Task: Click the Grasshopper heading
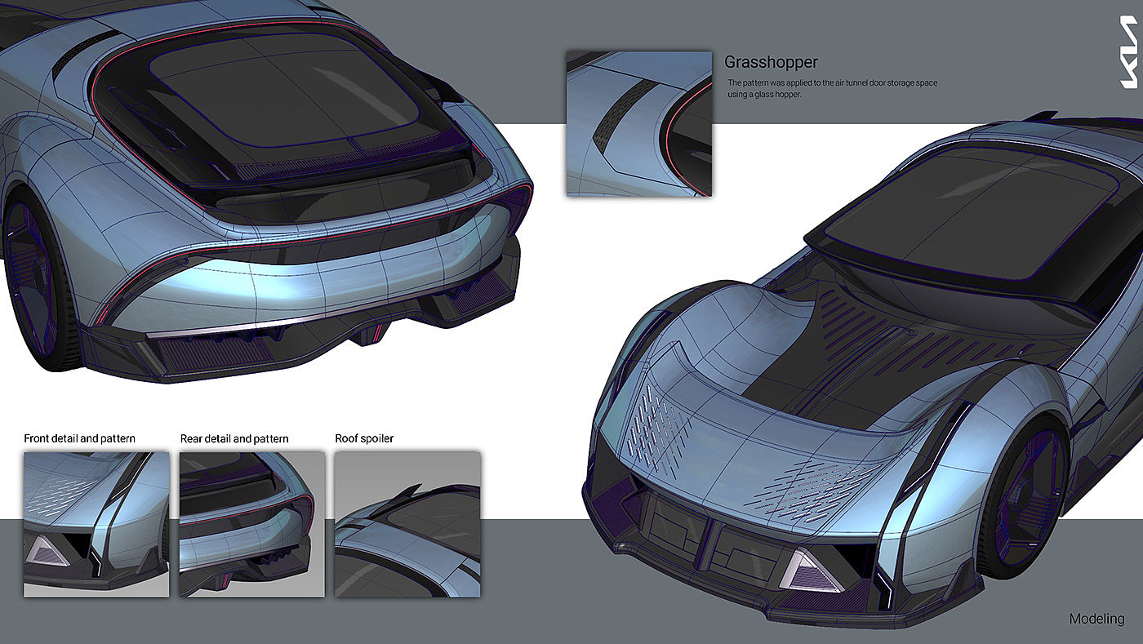771,62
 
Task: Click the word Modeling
1096,619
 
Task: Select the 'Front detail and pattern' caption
79,438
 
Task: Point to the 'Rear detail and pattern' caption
234,438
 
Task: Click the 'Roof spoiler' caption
364,438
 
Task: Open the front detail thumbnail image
96,523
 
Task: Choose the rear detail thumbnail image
251,523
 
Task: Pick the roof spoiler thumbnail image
407,523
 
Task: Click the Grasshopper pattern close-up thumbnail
638,123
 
